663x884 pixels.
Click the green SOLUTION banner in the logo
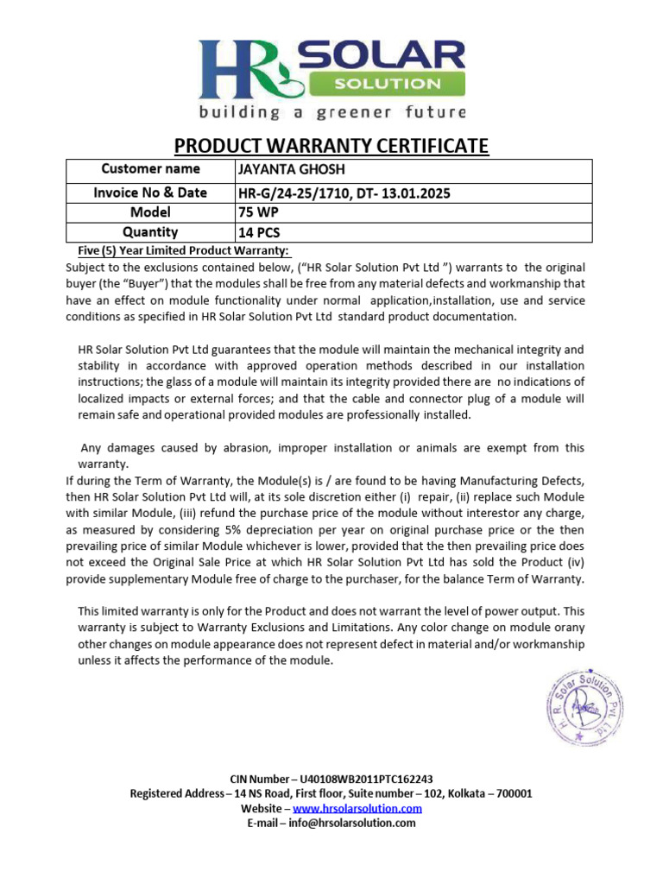[387, 84]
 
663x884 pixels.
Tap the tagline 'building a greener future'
[331, 113]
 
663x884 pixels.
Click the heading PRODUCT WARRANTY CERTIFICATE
[331, 146]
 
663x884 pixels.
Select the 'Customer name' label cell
[150, 169]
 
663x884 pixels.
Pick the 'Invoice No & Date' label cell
[150, 193]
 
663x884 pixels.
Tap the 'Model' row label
[150, 212]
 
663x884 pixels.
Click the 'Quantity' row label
[150, 232]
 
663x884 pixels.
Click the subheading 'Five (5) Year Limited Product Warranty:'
[179, 251]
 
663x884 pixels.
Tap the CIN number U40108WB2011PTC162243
[366, 779]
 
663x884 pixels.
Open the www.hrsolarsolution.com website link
[357, 809]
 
